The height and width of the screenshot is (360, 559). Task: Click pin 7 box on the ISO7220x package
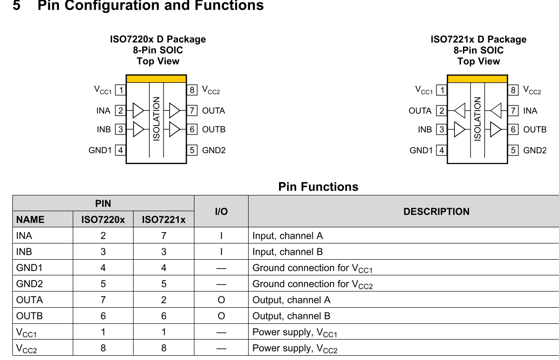(192, 111)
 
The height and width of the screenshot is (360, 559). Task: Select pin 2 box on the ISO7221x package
(442, 111)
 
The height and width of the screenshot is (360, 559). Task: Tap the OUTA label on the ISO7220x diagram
(213, 111)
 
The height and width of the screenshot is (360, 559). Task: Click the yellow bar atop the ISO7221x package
(477, 79)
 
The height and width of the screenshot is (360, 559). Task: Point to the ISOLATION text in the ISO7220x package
(156, 119)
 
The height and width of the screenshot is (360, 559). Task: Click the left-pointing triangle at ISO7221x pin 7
(496, 111)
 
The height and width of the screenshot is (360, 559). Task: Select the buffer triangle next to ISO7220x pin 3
(138, 129)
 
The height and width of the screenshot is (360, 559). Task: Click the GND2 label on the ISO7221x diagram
(535, 150)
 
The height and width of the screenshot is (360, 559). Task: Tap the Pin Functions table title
(318, 187)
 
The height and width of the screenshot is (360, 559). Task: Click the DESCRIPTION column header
(436, 212)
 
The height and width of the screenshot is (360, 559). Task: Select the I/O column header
(221, 212)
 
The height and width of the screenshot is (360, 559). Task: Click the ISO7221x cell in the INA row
(164, 236)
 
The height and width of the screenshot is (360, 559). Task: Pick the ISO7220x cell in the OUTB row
(103, 316)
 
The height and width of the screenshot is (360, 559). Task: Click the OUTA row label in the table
(29, 300)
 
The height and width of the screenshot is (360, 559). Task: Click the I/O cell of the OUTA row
(221, 300)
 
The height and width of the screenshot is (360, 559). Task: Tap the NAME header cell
(30, 220)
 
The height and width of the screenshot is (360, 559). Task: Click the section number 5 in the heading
(17, 6)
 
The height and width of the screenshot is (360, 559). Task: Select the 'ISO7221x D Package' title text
(478, 39)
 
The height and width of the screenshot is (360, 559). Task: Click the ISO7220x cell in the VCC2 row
(103, 348)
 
